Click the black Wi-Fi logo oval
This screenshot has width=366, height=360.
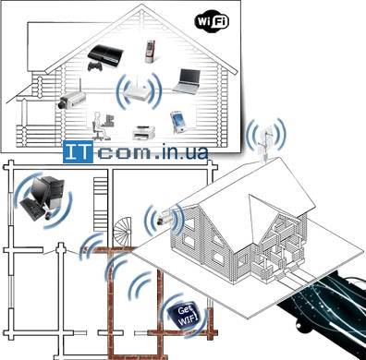pos(212,18)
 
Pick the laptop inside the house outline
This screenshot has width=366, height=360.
pos(188,81)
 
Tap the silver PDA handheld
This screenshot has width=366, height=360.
pos(178,120)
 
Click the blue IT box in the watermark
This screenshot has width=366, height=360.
pos(79,153)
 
